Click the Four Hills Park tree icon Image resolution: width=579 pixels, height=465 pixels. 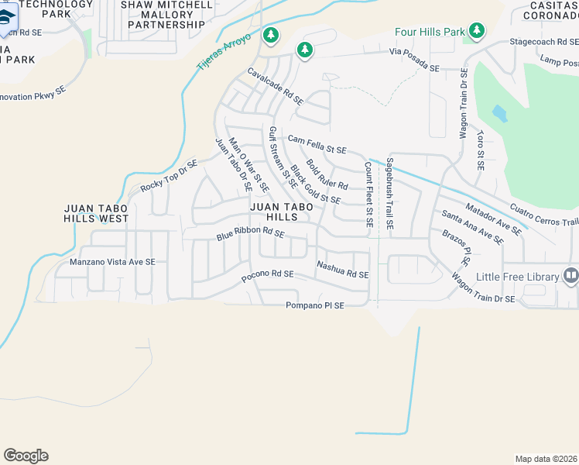point(478,31)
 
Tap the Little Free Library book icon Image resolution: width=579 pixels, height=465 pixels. point(571,275)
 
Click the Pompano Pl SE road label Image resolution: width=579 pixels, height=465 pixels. point(314,306)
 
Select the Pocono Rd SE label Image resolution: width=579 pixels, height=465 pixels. point(267,274)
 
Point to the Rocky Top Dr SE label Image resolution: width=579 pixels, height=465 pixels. point(169,177)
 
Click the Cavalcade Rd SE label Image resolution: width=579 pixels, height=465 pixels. point(275,86)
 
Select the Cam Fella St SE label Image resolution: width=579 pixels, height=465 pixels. point(317,144)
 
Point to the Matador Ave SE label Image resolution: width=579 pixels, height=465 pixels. point(493,217)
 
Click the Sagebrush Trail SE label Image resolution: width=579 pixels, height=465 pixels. point(390,195)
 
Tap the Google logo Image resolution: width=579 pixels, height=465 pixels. point(26,456)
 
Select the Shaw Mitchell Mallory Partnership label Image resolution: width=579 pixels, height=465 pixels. point(166,14)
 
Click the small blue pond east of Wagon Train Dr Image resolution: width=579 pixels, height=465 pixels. point(499,115)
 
